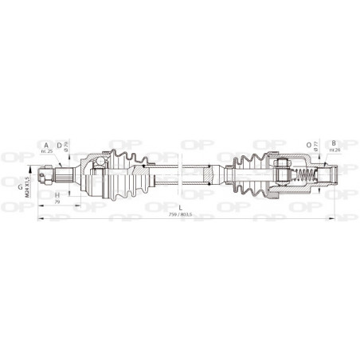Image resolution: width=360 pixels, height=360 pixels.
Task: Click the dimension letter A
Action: (47, 145)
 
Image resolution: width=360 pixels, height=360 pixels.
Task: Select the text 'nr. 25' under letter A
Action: (46, 151)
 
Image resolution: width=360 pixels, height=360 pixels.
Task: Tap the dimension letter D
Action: (59, 145)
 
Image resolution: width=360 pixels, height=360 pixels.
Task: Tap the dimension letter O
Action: (308, 144)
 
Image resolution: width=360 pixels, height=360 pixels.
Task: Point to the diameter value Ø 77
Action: (315, 147)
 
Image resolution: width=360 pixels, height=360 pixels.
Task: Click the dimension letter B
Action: (333, 144)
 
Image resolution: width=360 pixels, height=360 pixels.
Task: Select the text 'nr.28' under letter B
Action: (334, 151)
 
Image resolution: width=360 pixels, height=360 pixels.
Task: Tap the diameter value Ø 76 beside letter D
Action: (65, 147)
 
